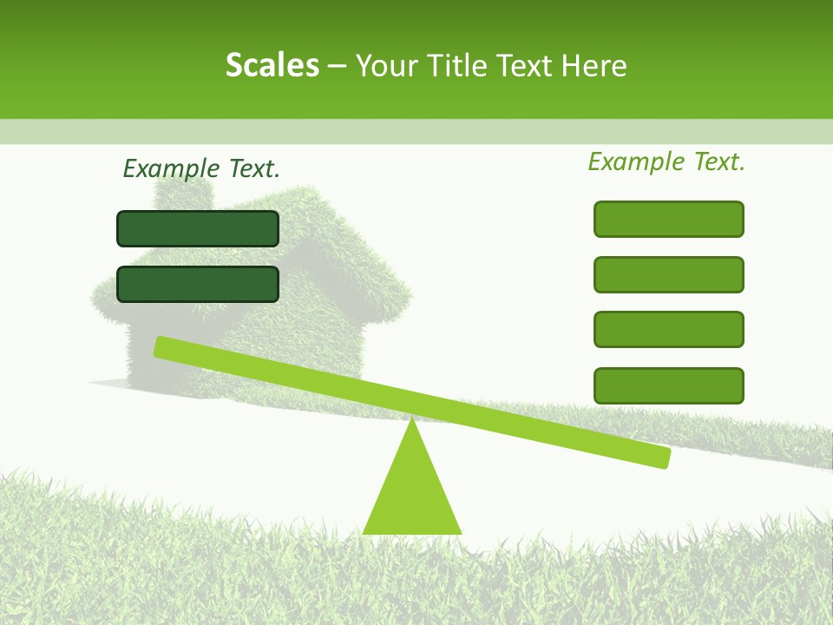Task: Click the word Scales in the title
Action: pyautogui.click(x=272, y=65)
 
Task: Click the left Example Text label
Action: pyautogui.click(x=201, y=168)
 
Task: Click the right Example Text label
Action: pyautogui.click(x=666, y=161)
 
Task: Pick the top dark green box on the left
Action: pyautogui.click(x=198, y=228)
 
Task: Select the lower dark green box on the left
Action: pyautogui.click(x=198, y=284)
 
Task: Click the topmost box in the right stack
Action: pyautogui.click(x=668, y=219)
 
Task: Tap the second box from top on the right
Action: pyautogui.click(x=668, y=274)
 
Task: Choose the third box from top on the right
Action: pyautogui.click(x=668, y=330)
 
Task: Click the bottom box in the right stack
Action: pyautogui.click(x=668, y=385)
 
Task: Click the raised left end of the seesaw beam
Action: pyautogui.click(x=165, y=346)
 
